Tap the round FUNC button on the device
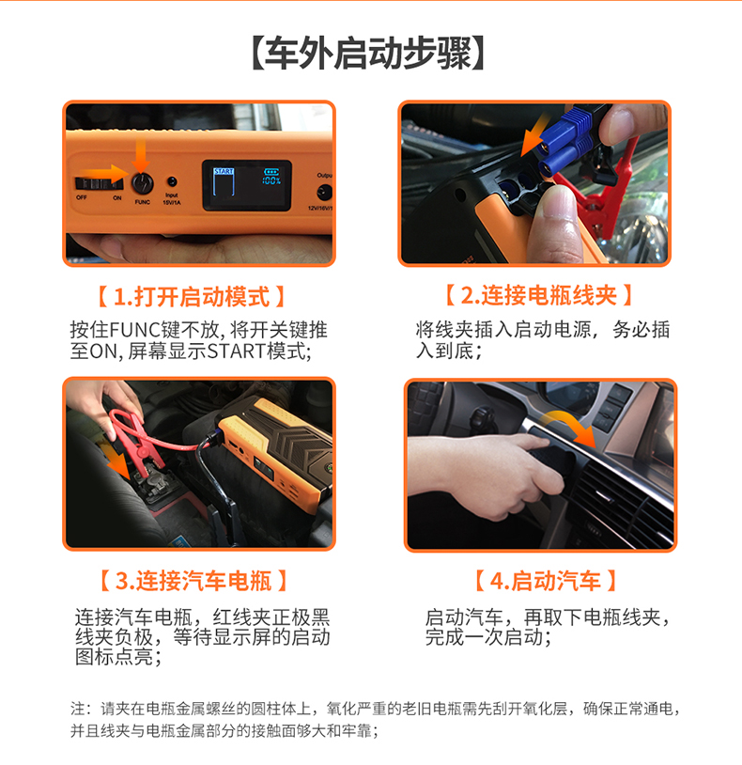pyautogui.click(x=143, y=183)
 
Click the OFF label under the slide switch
pyautogui.click(x=82, y=197)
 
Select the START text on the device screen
pyautogui.click(x=224, y=171)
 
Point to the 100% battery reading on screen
pyautogui.click(x=271, y=181)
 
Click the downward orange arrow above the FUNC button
pyautogui.click(x=140, y=156)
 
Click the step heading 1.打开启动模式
pyautogui.click(x=191, y=297)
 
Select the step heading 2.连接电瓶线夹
pyautogui.click(x=539, y=295)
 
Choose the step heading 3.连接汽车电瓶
pyautogui.click(x=193, y=581)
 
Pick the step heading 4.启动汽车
pyautogui.click(x=546, y=581)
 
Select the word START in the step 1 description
pyautogui.click(x=237, y=351)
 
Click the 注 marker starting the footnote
pyautogui.click(x=78, y=709)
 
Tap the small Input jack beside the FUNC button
pyautogui.click(x=172, y=182)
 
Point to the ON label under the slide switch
pyautogui.click(x=117, y=197)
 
